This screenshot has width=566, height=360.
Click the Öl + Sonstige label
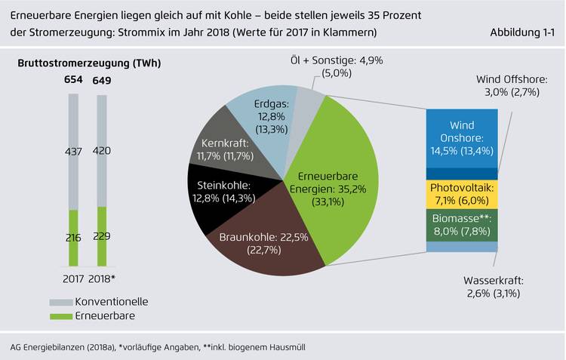coord(322,66)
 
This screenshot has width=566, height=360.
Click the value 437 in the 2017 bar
coord(73,152)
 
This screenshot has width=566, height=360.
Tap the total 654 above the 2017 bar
coord(73,81)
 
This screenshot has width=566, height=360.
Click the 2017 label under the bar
coord(73,279)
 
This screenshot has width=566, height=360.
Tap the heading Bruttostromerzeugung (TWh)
coord(89,63)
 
